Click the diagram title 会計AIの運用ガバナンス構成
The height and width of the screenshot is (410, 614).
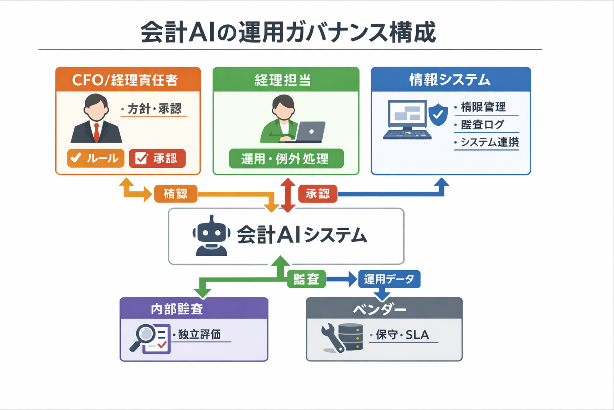coord(288,32)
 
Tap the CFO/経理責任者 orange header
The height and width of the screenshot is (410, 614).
coord(128,80)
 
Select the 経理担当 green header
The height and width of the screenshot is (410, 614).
coord(286,80)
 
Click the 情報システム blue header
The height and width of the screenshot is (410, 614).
coord(451,79)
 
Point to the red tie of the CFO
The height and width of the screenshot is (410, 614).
coord(96,132)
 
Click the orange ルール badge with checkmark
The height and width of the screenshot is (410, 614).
coord(96,158)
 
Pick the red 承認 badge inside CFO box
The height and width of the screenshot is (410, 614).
coord(157,158)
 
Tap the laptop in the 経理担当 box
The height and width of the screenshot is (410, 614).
coord(310,132)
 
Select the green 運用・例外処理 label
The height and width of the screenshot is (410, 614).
coord(286,159)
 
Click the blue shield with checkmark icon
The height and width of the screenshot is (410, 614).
coord(438,114)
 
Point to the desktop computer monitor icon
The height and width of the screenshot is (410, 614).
coord(407,116)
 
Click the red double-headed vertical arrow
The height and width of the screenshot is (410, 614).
coord(288,195)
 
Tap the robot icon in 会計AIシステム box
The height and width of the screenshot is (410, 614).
coord(211,236)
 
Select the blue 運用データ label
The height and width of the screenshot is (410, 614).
coord(389,279)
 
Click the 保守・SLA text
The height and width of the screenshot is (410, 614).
coord(402,335)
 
